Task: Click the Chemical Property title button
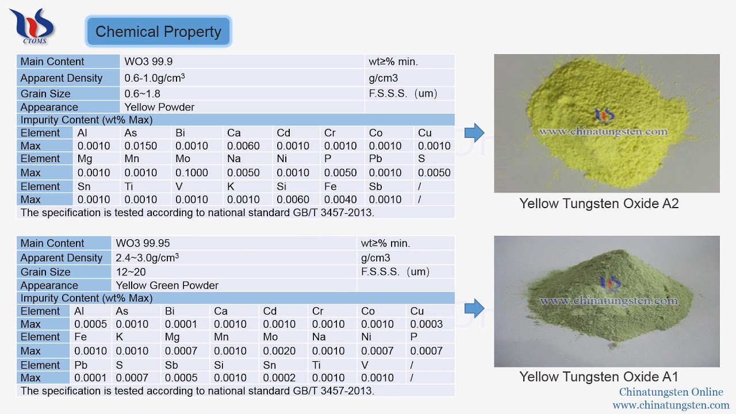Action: pyautogui.click(x=158, y=32)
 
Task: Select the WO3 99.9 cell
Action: pyautogui.click(x=148, y=62)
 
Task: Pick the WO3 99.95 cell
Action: pyautogui.click(x=143, y=243)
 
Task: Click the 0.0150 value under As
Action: pyautogui.click(x=141, y=146)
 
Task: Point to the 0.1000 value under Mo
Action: pyautogui.click(x=191, y=173)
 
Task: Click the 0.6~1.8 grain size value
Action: pyautogui.click(x=143, y=94)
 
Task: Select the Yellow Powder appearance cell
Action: pyautogui.click(x=159, y=107)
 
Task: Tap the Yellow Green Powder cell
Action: pyautogui.click(x=167, y=285)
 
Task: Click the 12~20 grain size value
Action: pyautogui.click(x=131, y=272)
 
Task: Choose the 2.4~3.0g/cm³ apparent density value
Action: pyautogui.click(x=147, y=258)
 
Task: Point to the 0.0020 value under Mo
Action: pyautogui.click(x=279, y=351)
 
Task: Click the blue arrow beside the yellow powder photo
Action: pyautogui.click(x=474, y=133)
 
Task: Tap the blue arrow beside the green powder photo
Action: pyautogui.click(x=474, y=309)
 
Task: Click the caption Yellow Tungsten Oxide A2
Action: pyautogui.click(x=599, y=204)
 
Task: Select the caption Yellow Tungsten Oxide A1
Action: pyautogui.click(x=599, y=377)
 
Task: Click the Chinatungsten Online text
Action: pyautogui.click(x=671, y=392)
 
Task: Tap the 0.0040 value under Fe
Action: pyautogui.click(x=340, y=200)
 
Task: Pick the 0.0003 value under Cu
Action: pyautogui.click(x=426, y=324)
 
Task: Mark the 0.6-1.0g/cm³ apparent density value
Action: pyautogui.click(x=155, y=78)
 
